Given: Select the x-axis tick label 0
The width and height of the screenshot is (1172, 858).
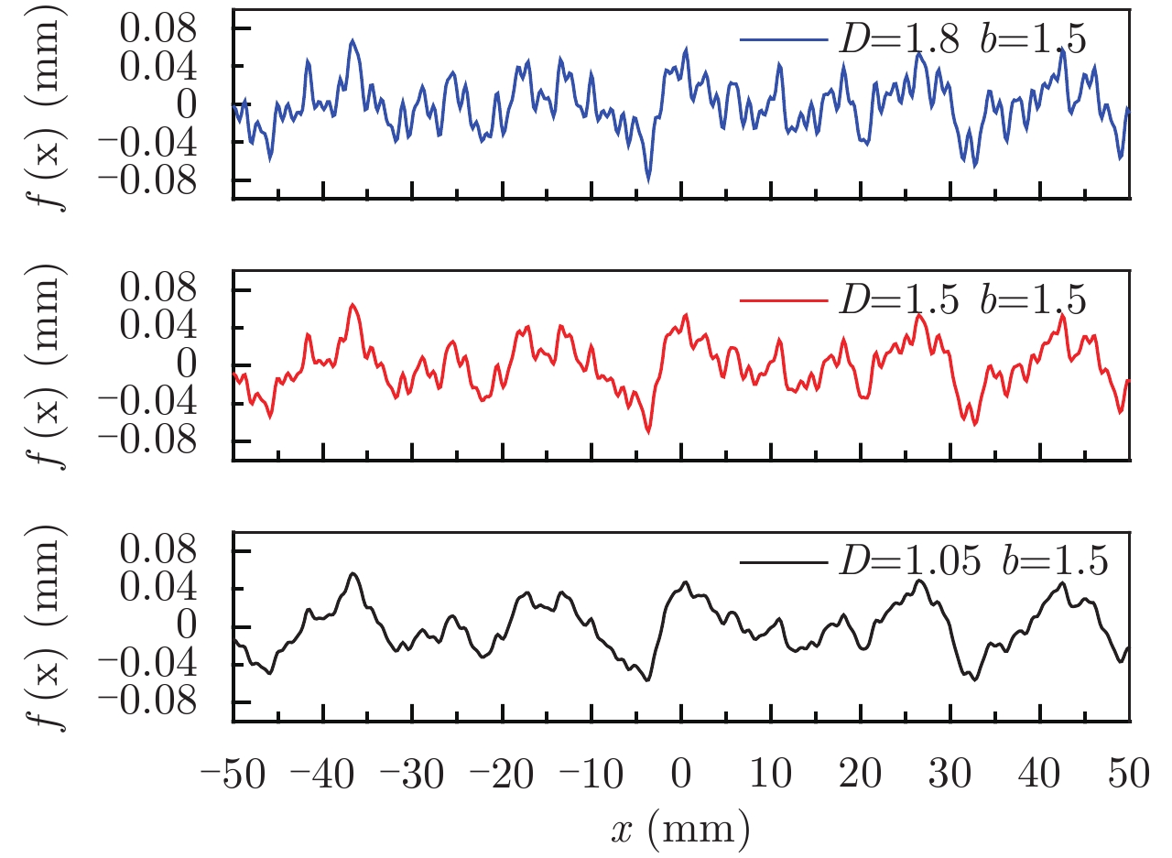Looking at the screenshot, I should point(681,774).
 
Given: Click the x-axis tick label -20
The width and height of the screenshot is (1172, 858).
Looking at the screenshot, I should point(501,774).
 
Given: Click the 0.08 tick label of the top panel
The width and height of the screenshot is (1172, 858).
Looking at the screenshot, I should point(173,30).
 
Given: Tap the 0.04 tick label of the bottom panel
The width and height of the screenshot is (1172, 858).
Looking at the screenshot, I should point(173,590).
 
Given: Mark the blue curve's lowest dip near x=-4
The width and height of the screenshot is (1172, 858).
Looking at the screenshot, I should point(649,179).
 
